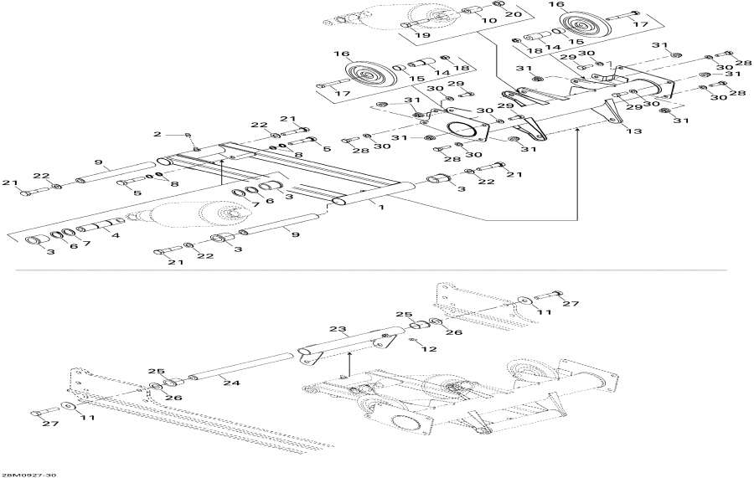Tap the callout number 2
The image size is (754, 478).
[x=156, y=134]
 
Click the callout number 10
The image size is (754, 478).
[x=490, y=20]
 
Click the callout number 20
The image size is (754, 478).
[x=513, y=15]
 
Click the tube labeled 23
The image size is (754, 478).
[x=343, y=343]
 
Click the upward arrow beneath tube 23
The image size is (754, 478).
[x=349, y=365]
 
